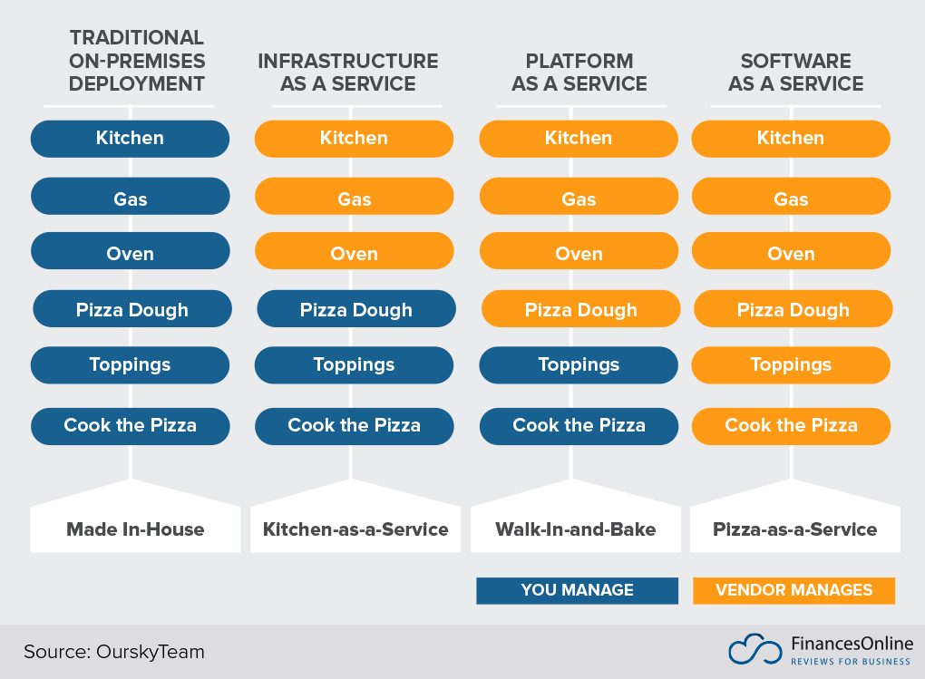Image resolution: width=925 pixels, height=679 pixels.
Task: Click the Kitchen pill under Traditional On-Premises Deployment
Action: (130, 139)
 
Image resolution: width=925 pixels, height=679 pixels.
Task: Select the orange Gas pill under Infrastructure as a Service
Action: (354, 199)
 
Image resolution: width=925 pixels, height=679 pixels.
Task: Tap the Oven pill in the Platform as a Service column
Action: (579, 254)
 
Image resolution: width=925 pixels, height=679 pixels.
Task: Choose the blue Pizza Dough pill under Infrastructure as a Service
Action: (355, 310)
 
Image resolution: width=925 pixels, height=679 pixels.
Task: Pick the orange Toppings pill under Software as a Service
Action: (791, 365)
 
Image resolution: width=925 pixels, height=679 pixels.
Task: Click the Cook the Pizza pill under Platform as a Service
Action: (579, 425)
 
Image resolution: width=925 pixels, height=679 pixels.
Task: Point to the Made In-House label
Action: (135, 529)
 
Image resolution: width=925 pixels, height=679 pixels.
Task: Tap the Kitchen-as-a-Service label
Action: (355, 529)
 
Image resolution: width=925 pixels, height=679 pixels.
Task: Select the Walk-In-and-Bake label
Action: (575, 529)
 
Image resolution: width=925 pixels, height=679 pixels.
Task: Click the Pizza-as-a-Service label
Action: (794, 529)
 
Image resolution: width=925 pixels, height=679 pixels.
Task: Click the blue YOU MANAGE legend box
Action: (577, 590)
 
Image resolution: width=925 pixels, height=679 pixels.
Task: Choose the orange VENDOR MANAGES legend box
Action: (794, 590)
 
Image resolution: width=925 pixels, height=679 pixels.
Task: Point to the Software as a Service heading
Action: (795, 73)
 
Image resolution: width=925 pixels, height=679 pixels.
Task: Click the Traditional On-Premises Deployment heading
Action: (137, 61)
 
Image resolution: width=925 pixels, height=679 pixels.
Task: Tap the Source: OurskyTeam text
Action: (114, 651)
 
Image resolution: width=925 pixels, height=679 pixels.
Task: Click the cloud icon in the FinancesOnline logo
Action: (755, 650)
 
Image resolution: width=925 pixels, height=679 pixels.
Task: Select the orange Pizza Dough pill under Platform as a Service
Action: (580, 310)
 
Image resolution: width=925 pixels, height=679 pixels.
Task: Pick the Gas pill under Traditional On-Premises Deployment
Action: (130, 199)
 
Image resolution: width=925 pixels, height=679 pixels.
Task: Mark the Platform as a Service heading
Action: (579, 73)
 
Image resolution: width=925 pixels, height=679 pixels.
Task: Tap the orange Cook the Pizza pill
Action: (791, 425)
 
